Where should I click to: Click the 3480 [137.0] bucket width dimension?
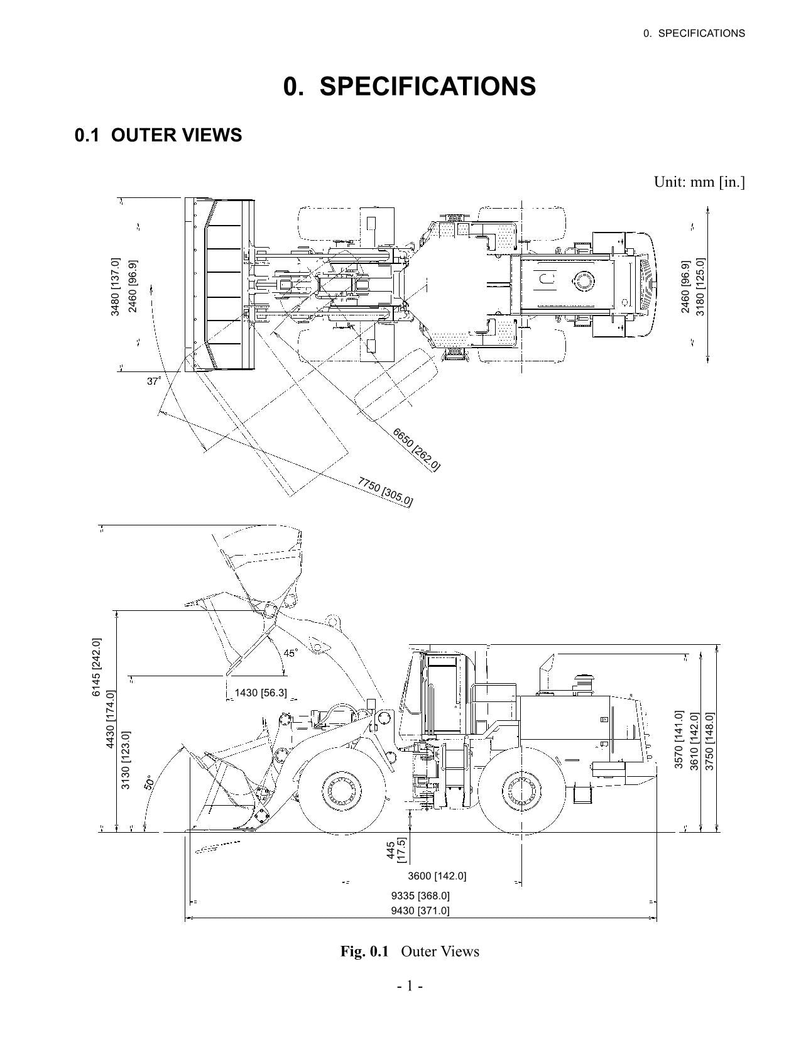[115, 287]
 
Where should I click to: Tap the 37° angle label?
[154, 381]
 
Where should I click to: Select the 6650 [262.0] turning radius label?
[416, 449]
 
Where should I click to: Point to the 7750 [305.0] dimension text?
[385, 491]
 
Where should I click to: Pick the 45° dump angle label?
[290, 653]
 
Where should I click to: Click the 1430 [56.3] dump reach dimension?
[260, 693]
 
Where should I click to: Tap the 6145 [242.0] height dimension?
[96, 667]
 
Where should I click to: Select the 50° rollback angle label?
[149, 782]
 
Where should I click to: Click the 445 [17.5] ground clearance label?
[396, 850]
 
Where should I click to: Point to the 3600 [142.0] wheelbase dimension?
[437, 875]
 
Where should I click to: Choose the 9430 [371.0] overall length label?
[420, 911]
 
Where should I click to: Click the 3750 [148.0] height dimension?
[709, 740]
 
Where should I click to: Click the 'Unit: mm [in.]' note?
[699, 182]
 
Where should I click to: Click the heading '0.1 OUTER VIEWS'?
[158, 135]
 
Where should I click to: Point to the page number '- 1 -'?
[410, 985]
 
